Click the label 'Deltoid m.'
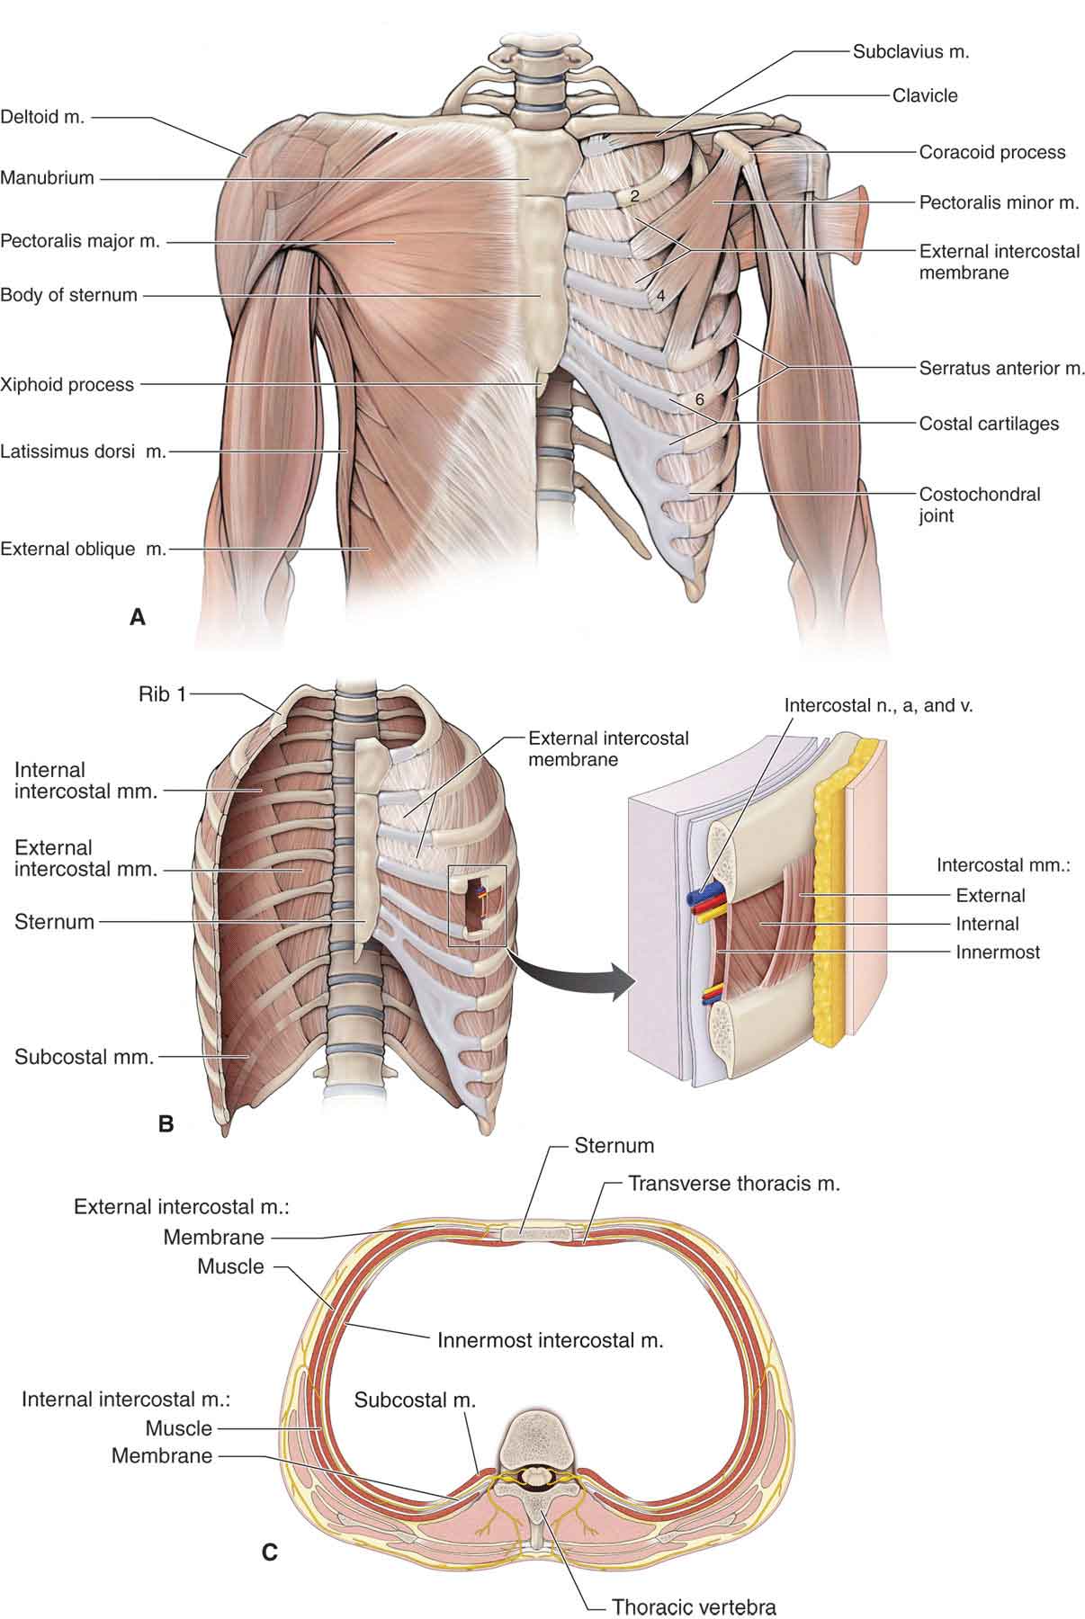click(x=42, y=117)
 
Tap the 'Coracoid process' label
click(x=991, y=152)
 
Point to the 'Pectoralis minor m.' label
click(x=999, y=202)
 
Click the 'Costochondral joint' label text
click(x=979, y=505)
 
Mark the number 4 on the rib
click(x=659, y=295)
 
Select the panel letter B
click(x=166, y=1123)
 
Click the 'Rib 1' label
click(x=162, y=694)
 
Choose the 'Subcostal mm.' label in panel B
click(x=85, y=1057)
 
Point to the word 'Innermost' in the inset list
click(x=998, y=952)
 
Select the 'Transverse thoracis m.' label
click(x=733, y=1183)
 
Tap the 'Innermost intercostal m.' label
click(x=550, y=1339)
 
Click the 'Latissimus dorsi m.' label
click(x=84, y=451)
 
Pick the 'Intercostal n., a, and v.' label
click(x=879, y=705)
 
